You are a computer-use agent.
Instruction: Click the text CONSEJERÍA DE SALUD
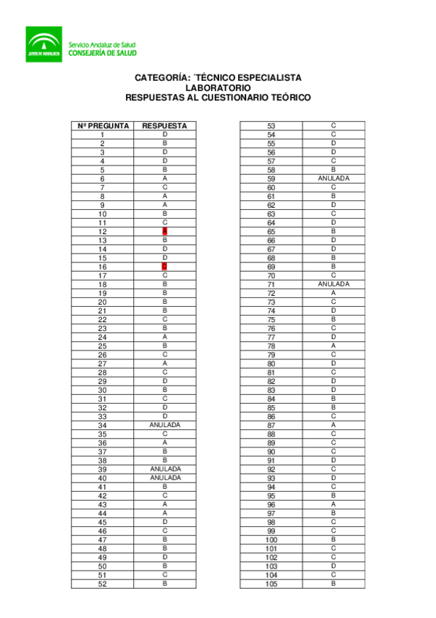click(102, 52)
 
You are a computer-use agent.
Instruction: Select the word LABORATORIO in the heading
click(218, 87)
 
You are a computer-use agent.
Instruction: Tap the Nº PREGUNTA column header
click(103, 125)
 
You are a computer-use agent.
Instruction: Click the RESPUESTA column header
click(165, 125)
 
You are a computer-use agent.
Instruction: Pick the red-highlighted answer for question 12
click(165, 231)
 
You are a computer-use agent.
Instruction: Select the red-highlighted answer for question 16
click(165, 267)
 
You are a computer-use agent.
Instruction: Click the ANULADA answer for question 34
click(165, 425)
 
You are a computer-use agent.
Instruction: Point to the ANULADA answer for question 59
click(333, 179)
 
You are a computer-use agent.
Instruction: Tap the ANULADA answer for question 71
click(333, 284)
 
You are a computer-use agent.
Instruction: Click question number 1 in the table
click(103, 135)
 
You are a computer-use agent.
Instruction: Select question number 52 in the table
click(103, 584)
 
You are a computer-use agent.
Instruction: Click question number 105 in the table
click(271, 584)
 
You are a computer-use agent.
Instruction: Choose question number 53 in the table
click(271, 126)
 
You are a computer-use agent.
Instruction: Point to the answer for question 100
click(333, 539)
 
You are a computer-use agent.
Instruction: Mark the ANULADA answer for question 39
click(165, 469)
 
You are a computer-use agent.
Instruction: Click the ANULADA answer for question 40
click(165, 478)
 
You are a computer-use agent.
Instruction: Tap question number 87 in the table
click(271, 425)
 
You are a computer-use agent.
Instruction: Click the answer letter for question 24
click(165, 337)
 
